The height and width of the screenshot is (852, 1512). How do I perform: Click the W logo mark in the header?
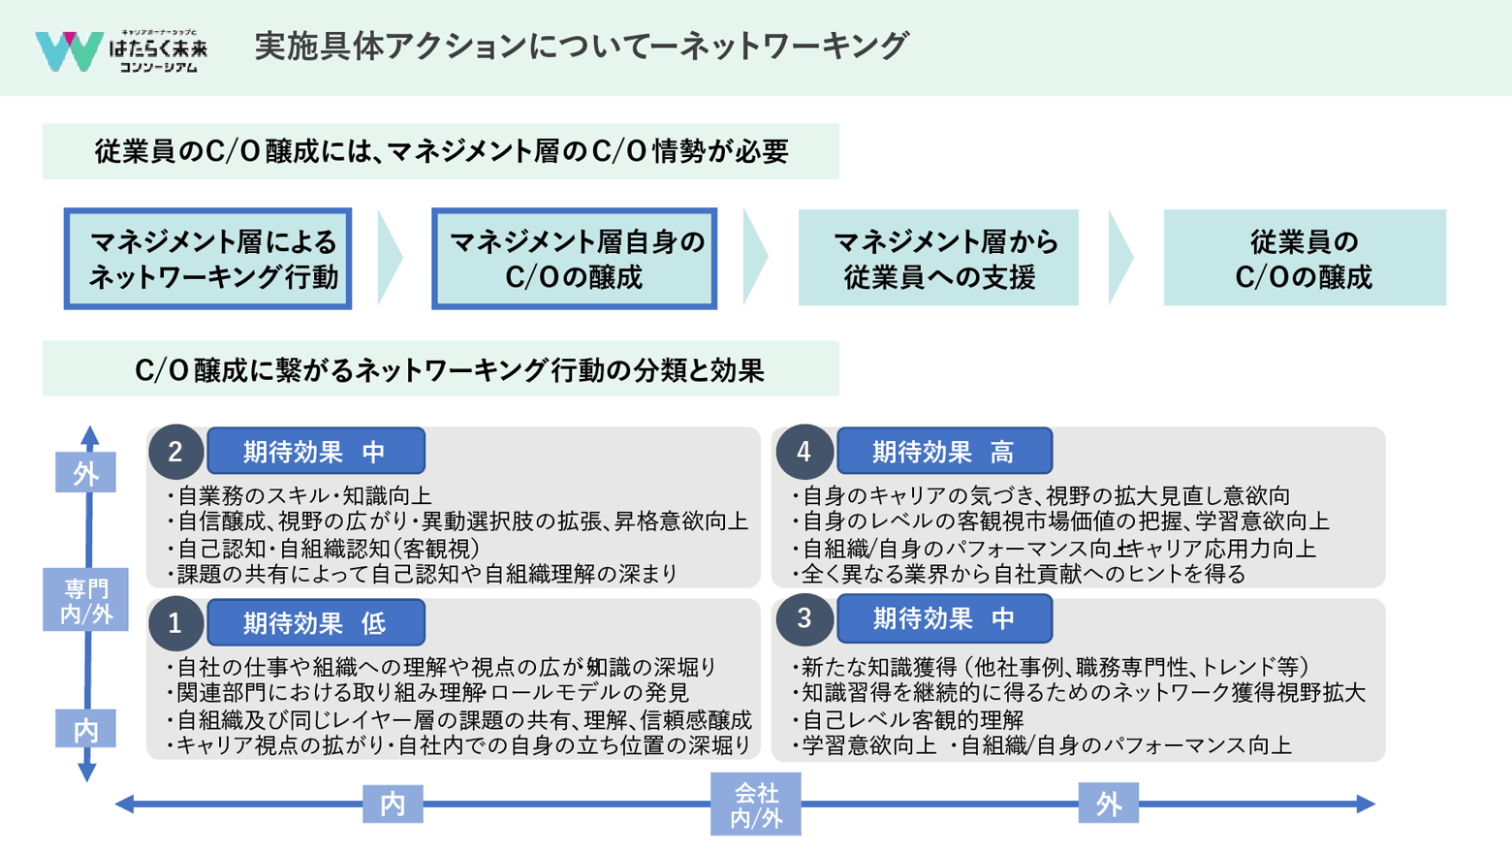coord(68,50)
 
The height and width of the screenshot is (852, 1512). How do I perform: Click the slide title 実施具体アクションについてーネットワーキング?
coord(581,46)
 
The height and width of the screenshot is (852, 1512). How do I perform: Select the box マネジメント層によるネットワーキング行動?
coord(208,259)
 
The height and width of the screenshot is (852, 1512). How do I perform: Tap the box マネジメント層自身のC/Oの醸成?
coord(574,259)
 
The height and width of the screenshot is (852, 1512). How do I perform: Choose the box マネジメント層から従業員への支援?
coord(938,259)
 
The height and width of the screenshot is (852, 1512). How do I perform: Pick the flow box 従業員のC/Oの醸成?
coord(1304,259)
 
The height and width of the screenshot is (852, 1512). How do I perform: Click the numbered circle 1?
coord(175,622)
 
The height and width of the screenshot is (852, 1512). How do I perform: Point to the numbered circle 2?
coord(175,452)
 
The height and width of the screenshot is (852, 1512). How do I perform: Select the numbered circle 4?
coord(803,452)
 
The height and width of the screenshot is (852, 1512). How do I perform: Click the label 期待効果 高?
coord(944,452)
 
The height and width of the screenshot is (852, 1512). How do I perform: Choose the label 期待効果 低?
coord(316,622)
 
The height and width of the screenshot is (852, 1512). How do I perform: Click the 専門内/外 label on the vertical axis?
coord(86,600)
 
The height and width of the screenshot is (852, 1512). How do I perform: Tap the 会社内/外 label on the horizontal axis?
coord(756,805)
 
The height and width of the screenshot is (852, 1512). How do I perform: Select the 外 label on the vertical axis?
coord(86,473)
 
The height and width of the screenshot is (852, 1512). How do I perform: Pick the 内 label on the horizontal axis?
coord(393,805)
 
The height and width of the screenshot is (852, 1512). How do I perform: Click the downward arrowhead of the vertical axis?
coord(87,773)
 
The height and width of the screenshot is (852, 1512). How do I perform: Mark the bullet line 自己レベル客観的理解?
coord(912,719)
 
